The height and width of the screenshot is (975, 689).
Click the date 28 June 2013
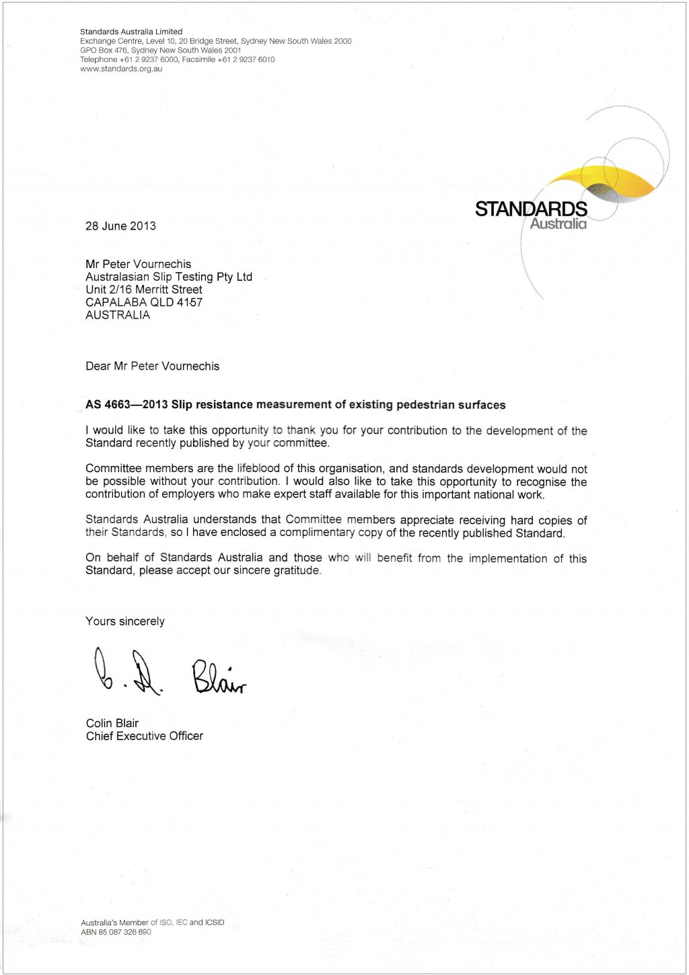pos(120,226)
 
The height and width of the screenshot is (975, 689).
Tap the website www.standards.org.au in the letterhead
pos(121,69)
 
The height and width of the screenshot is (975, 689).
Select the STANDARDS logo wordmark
pos(531,209)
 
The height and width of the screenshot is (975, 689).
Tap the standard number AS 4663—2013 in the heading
pos(126,405)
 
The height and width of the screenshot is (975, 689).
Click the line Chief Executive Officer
pos(144,736)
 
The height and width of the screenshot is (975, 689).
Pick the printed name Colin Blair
pos(112,723)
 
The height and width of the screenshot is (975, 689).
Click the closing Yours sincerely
pos(124,621)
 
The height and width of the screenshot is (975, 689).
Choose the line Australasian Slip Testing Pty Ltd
pos(168,277)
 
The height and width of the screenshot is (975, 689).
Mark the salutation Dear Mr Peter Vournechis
pos(152,366)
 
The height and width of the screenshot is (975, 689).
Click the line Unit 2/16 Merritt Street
pos(143,290)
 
